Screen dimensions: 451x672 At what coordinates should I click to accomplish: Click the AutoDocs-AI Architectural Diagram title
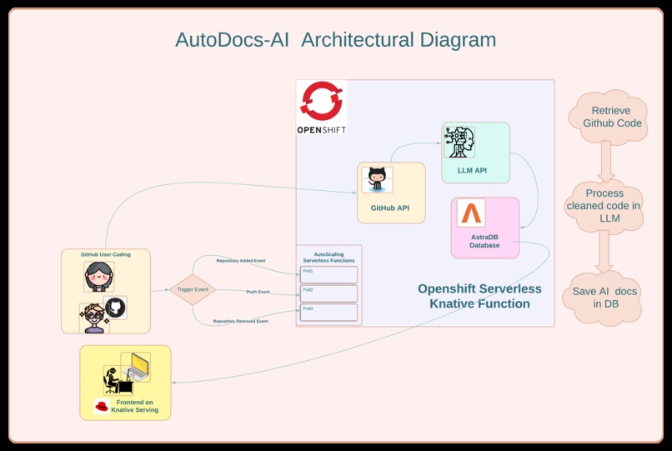click(335, 39)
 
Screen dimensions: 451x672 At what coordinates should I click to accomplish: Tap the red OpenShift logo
click(321, 101)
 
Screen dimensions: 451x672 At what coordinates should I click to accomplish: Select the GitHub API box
click(391, 193)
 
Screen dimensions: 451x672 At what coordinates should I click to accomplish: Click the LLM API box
click(475, 153)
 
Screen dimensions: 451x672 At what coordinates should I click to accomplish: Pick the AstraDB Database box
click(484, 228)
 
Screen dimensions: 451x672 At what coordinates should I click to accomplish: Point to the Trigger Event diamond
click(193, 290)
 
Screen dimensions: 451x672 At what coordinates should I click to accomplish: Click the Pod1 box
click(328, 274)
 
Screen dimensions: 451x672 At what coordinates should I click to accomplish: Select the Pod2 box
click(328, 293)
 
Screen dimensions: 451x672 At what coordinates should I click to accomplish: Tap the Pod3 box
click(328, 312)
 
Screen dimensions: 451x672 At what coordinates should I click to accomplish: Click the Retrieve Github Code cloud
click(610, 117)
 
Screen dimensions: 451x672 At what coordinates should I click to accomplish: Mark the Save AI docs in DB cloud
click(606, 298)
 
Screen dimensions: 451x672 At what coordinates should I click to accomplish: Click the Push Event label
click(258, 292)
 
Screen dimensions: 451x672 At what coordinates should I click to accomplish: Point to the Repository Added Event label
click(241, 261)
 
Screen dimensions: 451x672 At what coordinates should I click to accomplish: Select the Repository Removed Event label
click(240, 320)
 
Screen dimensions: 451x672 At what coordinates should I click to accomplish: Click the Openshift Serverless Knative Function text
click(479, 296)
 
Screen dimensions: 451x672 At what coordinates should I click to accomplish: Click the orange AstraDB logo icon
click(471, 214)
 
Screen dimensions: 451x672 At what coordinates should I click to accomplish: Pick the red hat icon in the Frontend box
click(103, 406)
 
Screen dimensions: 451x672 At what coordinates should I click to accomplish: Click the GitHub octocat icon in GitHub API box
click(377, 180)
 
